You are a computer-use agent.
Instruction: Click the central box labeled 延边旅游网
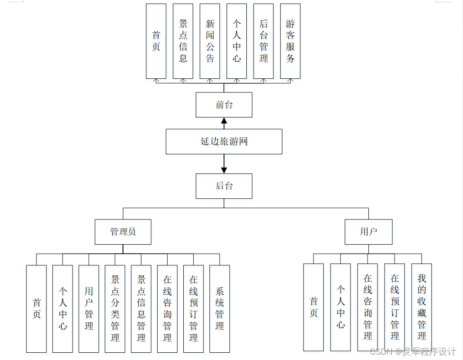(224, 141)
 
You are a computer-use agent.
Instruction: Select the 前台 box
(224, 105)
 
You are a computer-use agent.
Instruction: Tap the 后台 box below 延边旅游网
(224, 186)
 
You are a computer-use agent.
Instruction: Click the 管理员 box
(123, 232)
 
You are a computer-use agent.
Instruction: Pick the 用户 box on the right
(368, 232)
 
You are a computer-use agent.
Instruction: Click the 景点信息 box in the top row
(183, 41)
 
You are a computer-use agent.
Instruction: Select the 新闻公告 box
(210, 41)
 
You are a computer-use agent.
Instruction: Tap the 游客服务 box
(290, 41)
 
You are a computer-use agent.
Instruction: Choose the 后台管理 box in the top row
(263, 41)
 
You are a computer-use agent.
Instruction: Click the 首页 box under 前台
(156, 41)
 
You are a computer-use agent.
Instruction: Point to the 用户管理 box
(89, 309)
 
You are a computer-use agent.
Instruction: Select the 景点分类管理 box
(115, 309)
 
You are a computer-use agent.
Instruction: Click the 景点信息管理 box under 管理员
(141, 309)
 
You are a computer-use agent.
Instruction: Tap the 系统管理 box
(219, 309)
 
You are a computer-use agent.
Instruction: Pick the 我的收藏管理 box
(422, 307)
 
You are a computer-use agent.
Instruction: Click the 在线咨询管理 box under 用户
(368, 307)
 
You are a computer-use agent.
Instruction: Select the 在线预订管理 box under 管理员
(193, 309)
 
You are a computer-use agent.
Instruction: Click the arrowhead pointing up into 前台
(224, 120)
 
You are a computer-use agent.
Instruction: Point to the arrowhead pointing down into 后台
(224, 170)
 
